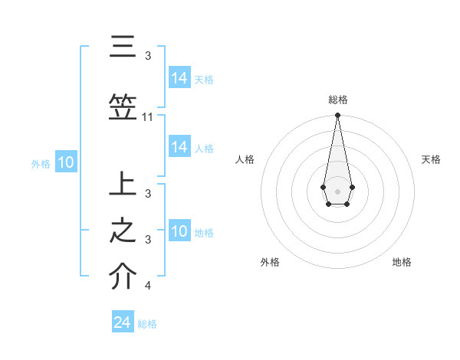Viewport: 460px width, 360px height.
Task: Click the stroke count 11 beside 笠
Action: (x=148, y=117)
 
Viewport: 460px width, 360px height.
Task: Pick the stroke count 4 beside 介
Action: (x=148, y=286)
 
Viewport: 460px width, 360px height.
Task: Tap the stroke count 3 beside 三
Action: (x=148, y=56)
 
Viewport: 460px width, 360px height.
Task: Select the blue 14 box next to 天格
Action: (x=179, y=78)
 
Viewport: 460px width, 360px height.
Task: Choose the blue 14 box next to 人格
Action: (x=179, y=147)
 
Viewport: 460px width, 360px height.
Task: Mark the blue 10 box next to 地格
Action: (x=179, y=231)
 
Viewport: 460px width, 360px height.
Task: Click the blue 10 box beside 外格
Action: (x=66, y=162)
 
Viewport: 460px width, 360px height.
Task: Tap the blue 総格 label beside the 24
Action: (x=147, y=324)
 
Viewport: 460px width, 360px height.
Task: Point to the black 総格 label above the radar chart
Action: (x=337, y=100)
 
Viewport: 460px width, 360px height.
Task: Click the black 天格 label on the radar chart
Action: (x=431, y=159)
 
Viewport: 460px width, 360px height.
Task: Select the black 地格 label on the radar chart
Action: (x=402, y=262)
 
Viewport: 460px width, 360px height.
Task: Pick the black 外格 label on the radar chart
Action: (x=270, y=262)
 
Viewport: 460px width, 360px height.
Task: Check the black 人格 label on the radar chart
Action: (x=245, y=159)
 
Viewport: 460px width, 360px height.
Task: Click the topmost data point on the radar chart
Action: (x=337, y=116)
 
